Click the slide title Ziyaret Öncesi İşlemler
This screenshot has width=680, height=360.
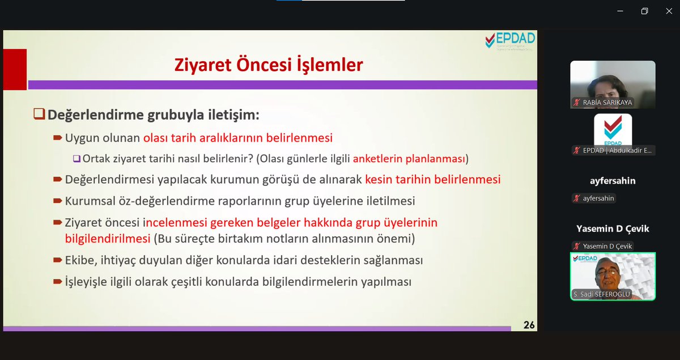pos(268,65)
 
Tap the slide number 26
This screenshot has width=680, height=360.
pos(529,325)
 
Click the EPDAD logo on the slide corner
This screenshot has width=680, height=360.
pos(510,41)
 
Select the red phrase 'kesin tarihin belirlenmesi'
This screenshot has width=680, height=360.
pos(433,179)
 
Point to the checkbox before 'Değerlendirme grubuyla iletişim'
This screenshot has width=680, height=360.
pos(39,114)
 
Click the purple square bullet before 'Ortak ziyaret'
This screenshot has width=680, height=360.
pos(76,159)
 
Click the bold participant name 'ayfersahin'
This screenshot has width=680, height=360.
pos(613,181)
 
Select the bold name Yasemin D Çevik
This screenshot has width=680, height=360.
pos(613,228)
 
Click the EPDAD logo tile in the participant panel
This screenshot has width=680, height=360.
pos(613,130)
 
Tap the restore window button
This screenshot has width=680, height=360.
pos(644,11)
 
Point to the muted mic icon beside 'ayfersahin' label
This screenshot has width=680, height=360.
pos(577,198)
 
